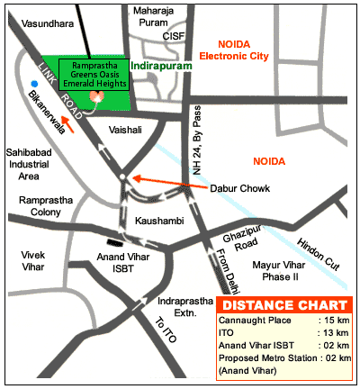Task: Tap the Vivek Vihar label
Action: pos(32,261)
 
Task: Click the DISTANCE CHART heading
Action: pos(283,303)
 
